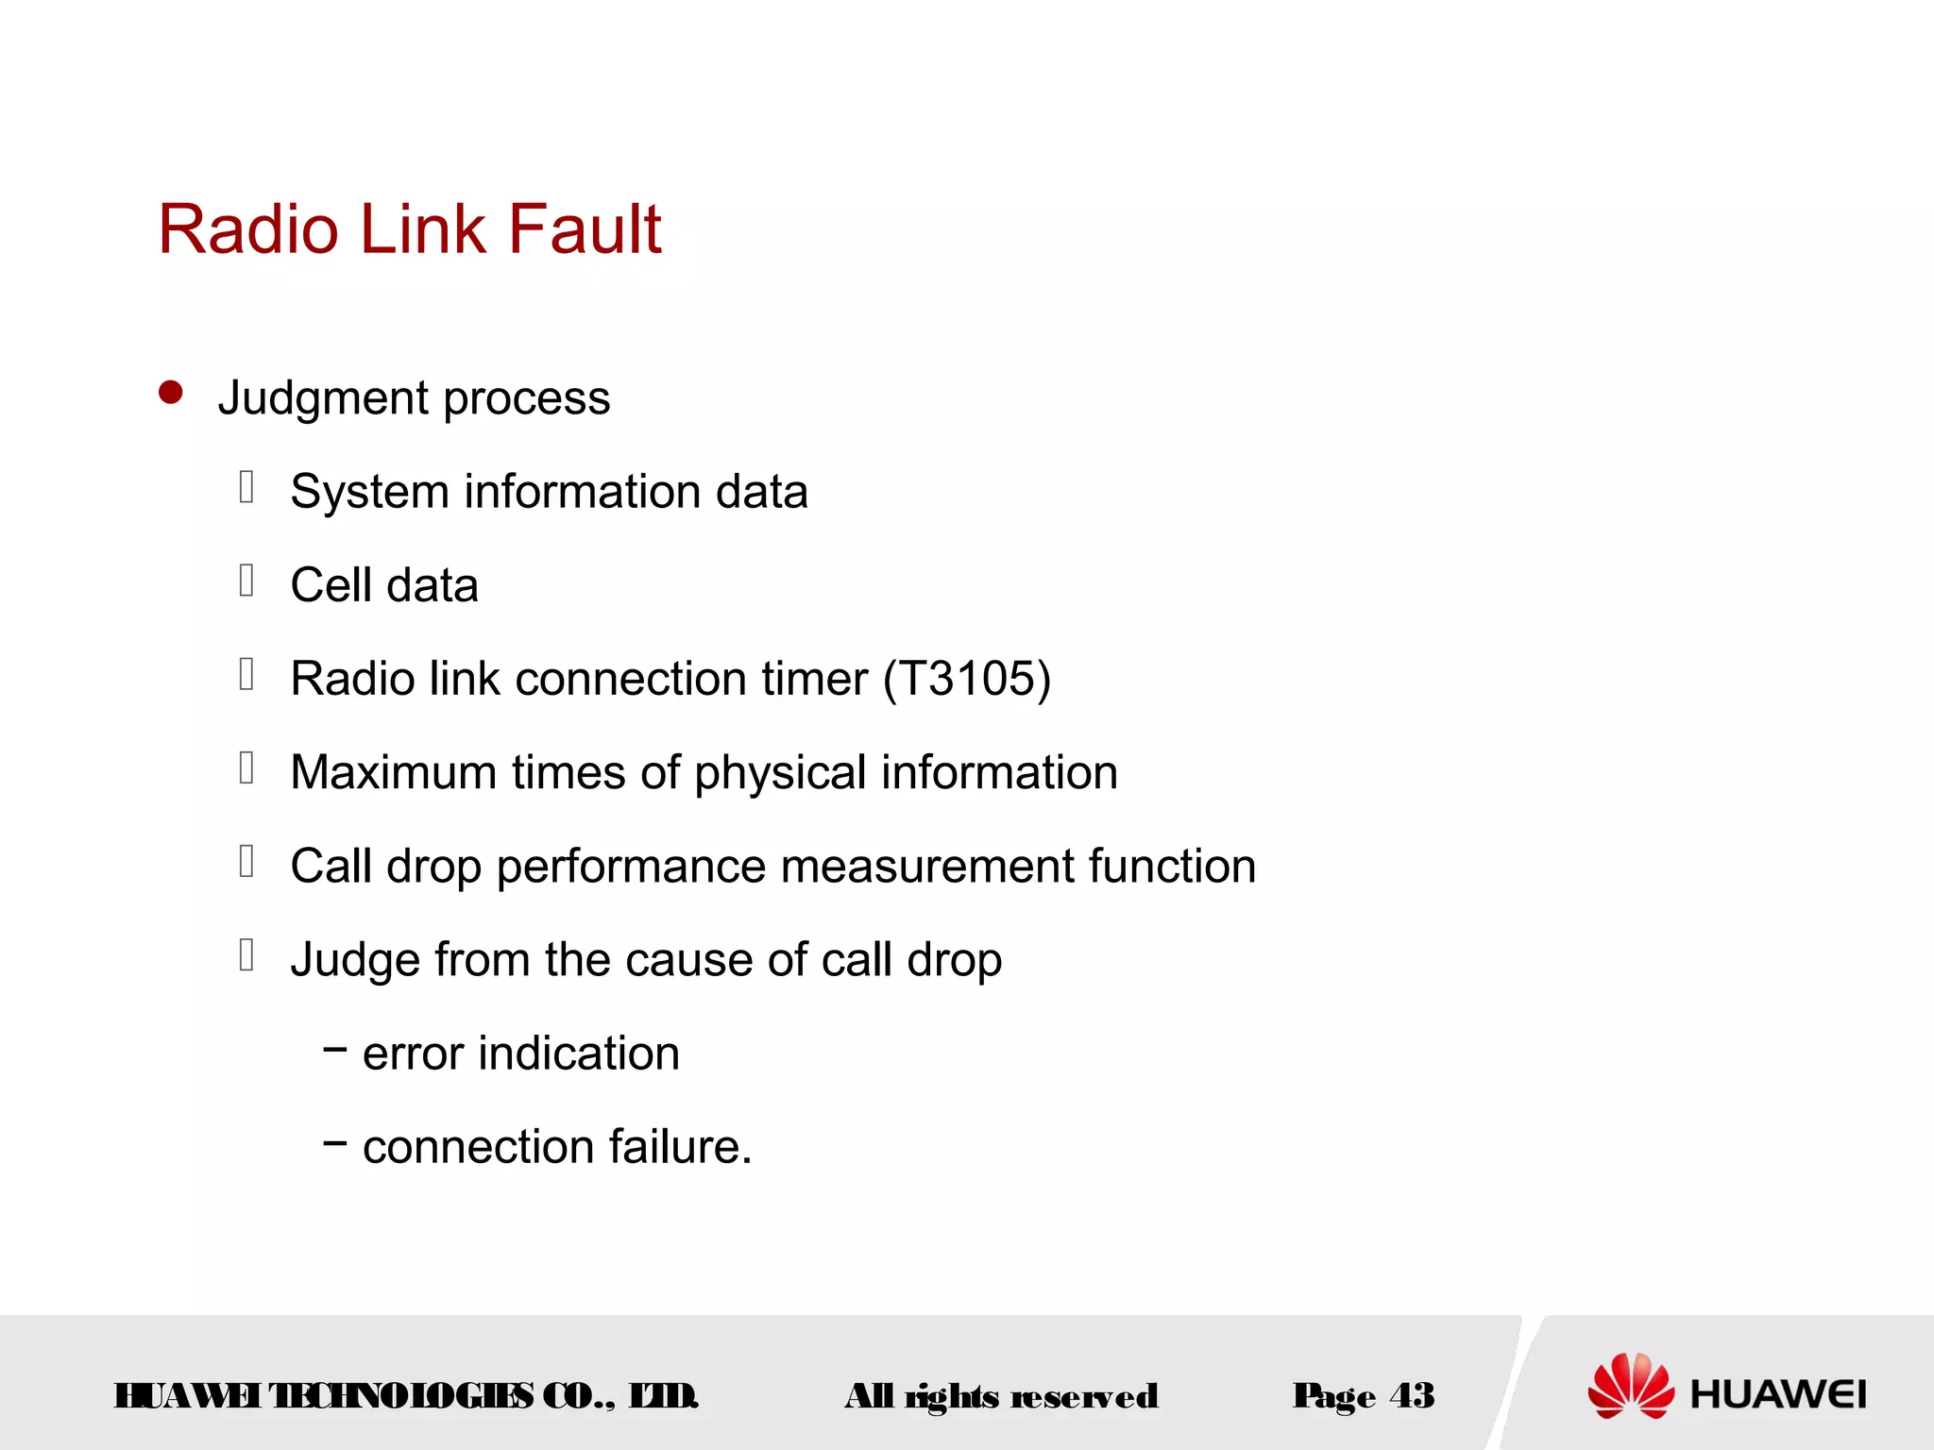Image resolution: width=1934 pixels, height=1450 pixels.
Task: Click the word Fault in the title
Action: pyautogui.click(x=585, y=229)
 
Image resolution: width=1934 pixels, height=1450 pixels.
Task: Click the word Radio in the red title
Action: pyautogui.click(x=248, y=229)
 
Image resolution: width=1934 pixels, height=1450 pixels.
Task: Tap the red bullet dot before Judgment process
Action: pyautogui.click(x=171, y=392)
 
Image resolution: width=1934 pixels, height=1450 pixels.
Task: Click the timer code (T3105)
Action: pyautogui.click(x=967, y=679)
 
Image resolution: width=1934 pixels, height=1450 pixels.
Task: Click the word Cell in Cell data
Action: pyautogui.click(x=331, y=585)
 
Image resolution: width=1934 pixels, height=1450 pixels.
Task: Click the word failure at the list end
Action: pyautogui.click(x=680, y=1146)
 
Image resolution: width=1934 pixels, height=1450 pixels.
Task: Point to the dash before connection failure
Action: pyautogui.click(x=334, y=1142)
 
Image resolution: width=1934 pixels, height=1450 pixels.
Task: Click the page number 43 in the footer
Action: pyautogui.click(x=1412, y=1395)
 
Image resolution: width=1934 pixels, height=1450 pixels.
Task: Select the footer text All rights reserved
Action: pyautogui.click(x=1000, y=1395)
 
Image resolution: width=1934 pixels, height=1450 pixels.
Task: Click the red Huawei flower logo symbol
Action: pyautogui.click(x=1630, y=1386)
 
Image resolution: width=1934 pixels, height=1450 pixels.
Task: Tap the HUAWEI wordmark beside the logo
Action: pyautogui.click(x=1777, y=1394)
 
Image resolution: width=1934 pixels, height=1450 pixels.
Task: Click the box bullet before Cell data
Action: pyautogui.click(x=246, y=581)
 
